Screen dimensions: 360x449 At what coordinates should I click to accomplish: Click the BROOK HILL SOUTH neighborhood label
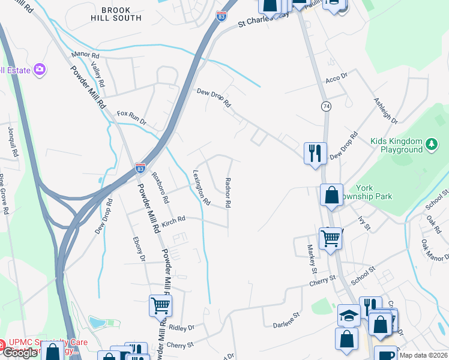[x=121, y=14]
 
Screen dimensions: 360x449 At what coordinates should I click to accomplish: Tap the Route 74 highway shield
[x=326, y=106]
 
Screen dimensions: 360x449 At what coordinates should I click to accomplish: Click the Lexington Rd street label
[x=201, y=187]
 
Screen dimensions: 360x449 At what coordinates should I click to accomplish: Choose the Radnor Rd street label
[x=228, y=193]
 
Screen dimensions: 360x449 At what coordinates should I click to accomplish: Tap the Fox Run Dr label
[x=131, y=117]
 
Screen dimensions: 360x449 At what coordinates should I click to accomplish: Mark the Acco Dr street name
[x=336, y=78]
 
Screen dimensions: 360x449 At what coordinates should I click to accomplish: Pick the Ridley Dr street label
[x=182, y=328]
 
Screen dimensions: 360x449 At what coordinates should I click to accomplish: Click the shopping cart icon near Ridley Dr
[x=160, y=306]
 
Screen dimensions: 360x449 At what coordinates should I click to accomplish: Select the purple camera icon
[x=40, y=70]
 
